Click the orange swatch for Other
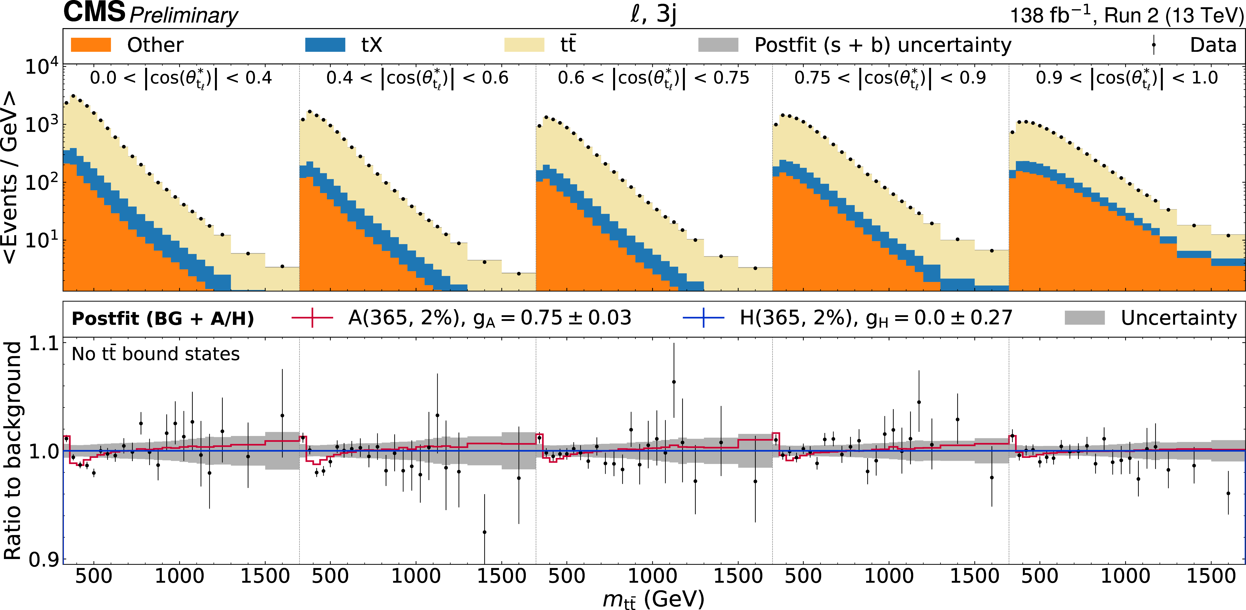[91, 45]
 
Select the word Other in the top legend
[155, 45]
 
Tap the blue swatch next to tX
[325, 45]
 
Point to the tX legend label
[372, 45]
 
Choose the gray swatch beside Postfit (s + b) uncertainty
[718, 45]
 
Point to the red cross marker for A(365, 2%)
[313, 318]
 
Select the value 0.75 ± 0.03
[576, 318]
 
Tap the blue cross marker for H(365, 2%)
[703, 318]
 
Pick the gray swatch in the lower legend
[1085, 318]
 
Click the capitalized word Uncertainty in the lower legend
[1179, 318]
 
